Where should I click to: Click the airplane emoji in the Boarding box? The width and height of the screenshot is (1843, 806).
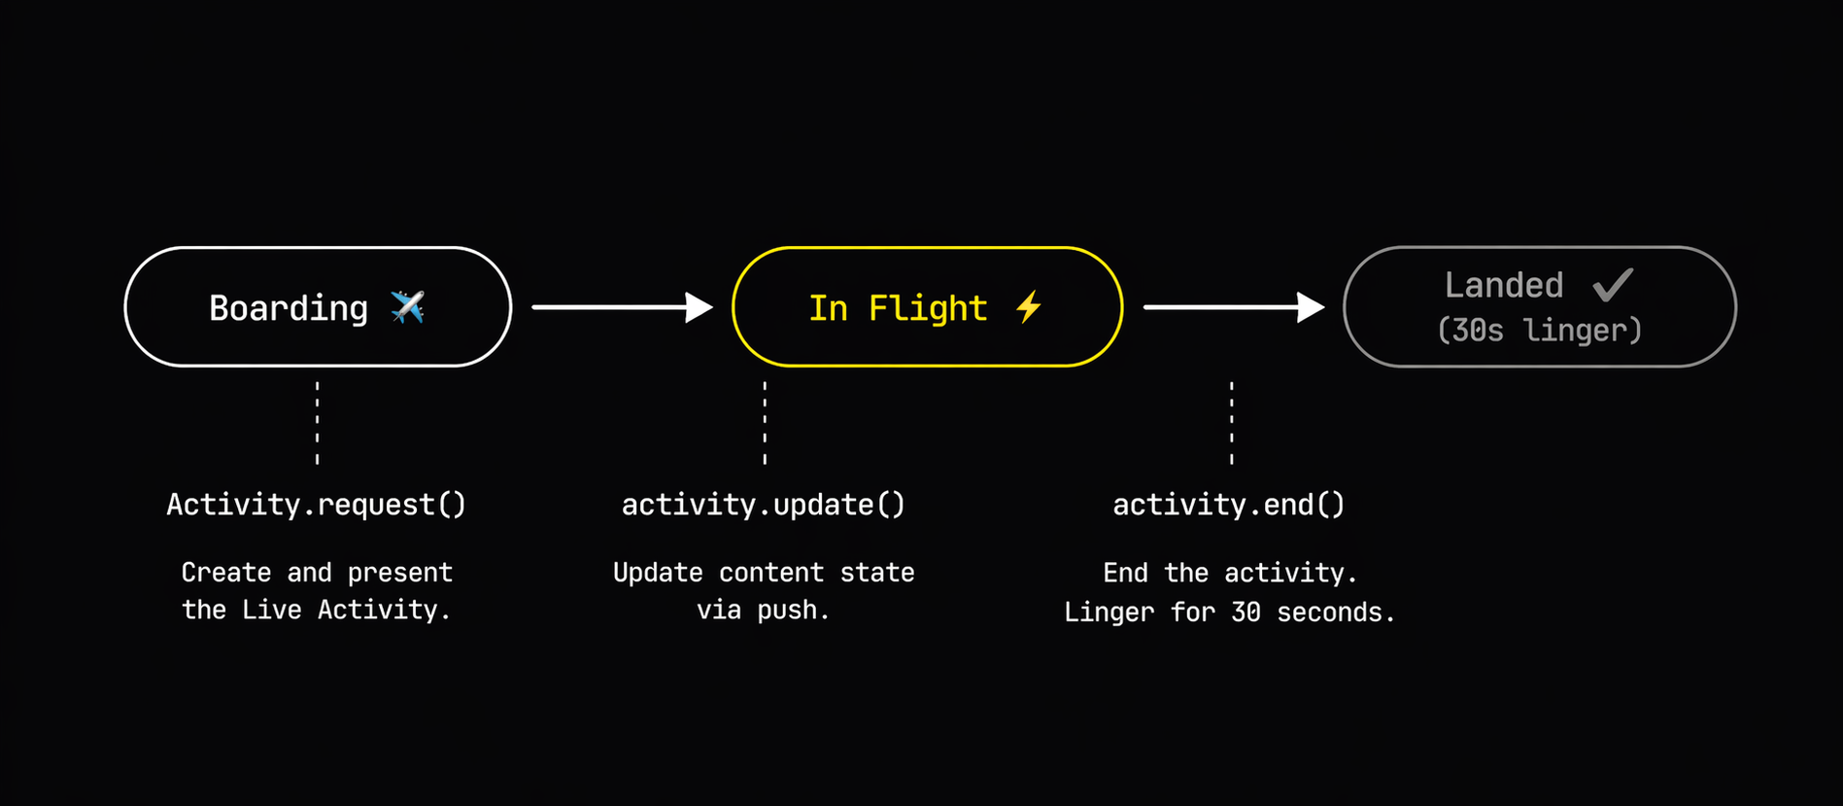point(407,307)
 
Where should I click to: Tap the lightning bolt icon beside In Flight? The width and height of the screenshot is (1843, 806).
point(1029,307)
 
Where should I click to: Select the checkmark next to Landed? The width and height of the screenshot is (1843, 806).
point(1613,285)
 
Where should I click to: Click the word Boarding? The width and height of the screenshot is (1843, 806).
point(289,308)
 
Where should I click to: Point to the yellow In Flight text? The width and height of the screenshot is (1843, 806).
point(898,308)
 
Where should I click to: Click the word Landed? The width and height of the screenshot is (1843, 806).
point(1503,285)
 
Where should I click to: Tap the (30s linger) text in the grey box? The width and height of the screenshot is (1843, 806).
point(1539,331)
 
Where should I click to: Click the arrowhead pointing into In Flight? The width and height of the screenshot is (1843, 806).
point(699,307)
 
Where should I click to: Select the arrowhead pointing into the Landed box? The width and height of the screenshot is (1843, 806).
point(1311,307)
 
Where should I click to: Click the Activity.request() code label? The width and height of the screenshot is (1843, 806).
point(316,505)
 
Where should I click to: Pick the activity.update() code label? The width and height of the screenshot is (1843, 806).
point(763,505)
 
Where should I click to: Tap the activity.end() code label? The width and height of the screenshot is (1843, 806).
point(1228,505)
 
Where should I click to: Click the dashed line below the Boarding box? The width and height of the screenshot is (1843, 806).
point(317,423)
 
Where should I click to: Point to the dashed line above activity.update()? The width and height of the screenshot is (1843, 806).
point(765,423)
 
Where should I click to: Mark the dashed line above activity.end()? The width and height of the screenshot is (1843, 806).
point(1231,423)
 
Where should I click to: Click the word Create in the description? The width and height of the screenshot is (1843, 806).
point(225,572)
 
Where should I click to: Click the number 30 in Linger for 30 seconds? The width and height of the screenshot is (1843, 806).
point(1246,612)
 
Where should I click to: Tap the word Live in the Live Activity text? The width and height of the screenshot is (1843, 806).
point(271,610)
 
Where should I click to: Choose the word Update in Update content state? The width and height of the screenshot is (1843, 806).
point(657,572)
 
